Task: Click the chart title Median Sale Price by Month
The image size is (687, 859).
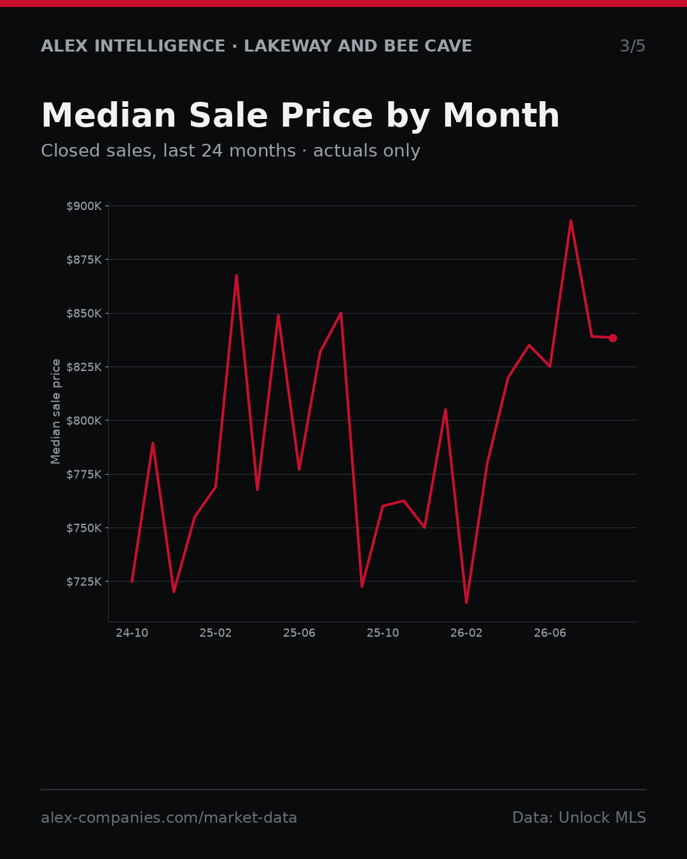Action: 300,116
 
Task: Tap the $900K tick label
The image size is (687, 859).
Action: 84,206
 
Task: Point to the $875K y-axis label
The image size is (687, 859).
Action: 84,260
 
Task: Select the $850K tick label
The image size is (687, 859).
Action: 84,313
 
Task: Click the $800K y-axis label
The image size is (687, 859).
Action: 84,421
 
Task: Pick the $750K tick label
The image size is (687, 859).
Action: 84,528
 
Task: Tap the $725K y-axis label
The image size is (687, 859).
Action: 84,582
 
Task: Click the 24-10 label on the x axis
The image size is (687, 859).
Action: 132,633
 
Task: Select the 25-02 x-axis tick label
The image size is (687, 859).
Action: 216,633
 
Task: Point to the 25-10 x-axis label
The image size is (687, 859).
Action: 383,633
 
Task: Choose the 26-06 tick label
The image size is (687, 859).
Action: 550,633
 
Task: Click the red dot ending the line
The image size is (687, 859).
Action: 613,338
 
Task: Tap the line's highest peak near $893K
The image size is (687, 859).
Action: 571,220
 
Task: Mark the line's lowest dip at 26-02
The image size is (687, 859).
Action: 466,603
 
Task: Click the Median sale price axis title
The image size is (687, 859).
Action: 56,412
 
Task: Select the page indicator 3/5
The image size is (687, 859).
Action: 633,46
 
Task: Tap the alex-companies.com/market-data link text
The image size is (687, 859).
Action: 169,818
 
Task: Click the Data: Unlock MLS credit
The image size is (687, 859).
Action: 579,818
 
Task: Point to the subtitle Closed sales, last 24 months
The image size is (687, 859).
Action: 169,151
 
